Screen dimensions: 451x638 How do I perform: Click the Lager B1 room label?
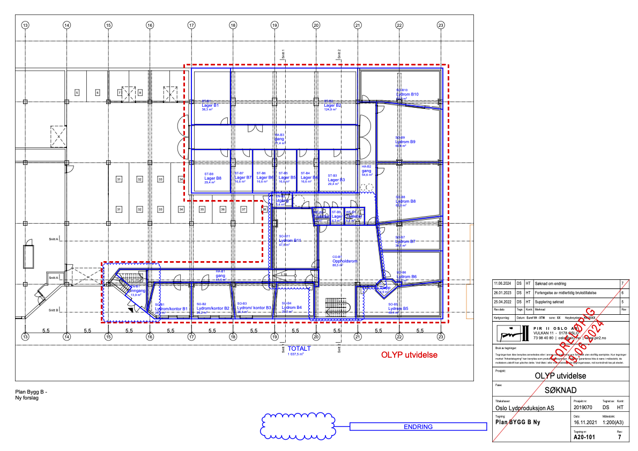[x=210, y=106]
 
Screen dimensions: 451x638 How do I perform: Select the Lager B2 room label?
[x=332, y=106]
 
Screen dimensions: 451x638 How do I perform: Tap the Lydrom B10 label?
[x=407, y=94]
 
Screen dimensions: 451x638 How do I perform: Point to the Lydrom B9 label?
[x=406, y=142]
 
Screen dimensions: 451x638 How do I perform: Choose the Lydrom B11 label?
[x=289, y=241]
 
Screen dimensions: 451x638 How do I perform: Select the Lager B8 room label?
[x=209, y=178]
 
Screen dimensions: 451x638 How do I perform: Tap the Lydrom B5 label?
[x=398, y=308]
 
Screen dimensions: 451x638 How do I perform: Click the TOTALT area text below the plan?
[x=299, y=349]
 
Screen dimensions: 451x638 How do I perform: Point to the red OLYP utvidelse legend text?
[x=409, y=354]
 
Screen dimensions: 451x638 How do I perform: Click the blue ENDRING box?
[x=417, y=427]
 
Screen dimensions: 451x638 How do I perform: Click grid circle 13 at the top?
[x=25, y=25]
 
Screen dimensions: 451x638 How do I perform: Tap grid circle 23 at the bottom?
[x=441, y=337]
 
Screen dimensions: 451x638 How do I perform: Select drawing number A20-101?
[x=584, y=437]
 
